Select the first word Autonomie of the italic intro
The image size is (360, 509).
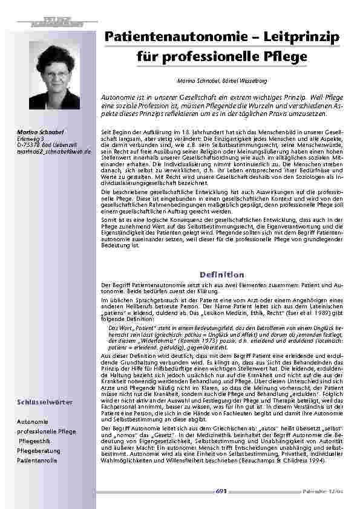pyautogui.click(x=118, y=97)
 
